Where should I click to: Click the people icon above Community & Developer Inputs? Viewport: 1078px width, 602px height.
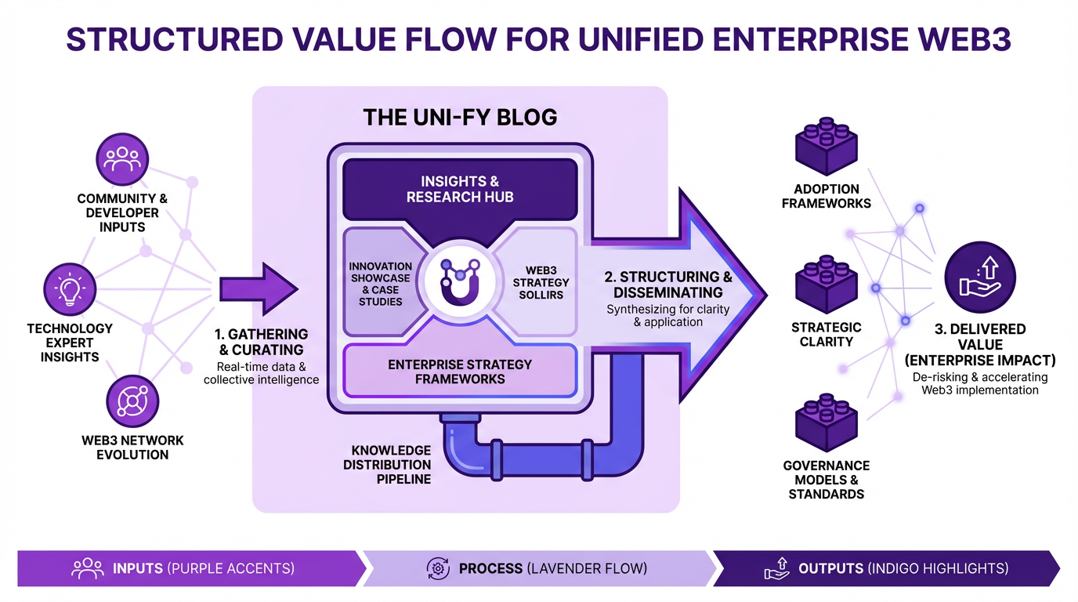[x=122, y=159]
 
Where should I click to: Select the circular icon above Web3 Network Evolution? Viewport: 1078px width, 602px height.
[x=132, y=401]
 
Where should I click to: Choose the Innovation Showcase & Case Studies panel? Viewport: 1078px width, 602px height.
[x=380, y=284]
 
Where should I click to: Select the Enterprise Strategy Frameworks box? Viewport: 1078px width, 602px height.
[x=460, y=372]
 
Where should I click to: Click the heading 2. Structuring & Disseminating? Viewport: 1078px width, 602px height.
[x=667, y=284]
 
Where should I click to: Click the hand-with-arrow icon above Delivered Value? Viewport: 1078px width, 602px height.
[x=979, y=277]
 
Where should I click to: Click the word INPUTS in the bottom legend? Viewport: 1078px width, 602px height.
[x=138, y=568]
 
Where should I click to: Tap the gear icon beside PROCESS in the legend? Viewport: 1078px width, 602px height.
[x=437, y=568]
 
